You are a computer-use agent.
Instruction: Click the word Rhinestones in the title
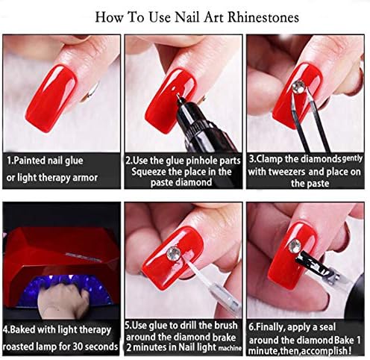263,18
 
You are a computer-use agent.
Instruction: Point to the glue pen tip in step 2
178,96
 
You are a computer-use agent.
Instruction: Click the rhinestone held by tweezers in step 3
298,86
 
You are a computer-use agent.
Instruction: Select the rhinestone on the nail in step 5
174,253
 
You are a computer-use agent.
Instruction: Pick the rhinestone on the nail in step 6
295,245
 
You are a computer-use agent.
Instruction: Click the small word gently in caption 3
352,158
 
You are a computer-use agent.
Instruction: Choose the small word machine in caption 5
230,348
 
